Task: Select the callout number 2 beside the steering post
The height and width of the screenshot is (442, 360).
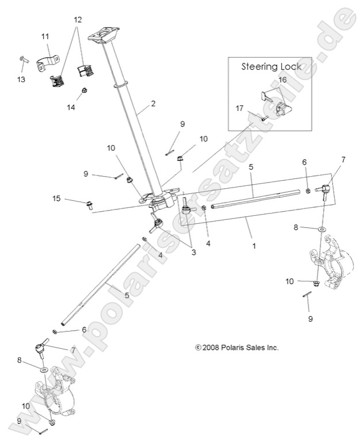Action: tap(153, 104)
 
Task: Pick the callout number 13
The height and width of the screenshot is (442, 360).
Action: tap(21, 79)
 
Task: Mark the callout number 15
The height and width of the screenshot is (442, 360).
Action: tap(56, 199)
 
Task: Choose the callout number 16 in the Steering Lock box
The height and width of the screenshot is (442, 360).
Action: tap(282, 79)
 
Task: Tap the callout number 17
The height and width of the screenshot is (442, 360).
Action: tap(240, 107)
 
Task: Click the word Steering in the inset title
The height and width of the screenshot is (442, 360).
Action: tap(259, 66)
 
